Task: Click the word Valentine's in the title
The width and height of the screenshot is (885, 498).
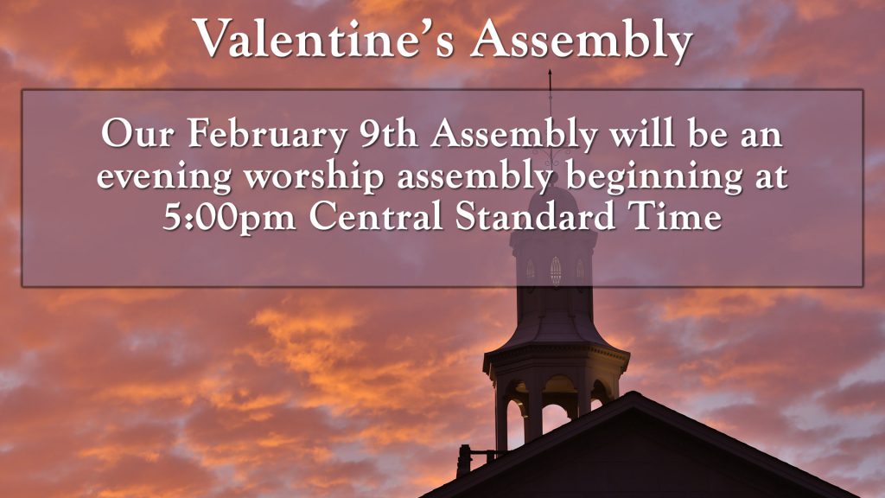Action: point(324,38)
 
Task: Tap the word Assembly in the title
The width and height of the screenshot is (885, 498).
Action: point(582,41)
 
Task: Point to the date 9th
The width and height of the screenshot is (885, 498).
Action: point(389,133)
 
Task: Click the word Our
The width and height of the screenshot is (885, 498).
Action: point(137,133)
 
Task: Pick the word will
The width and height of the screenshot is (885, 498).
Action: point(642,133)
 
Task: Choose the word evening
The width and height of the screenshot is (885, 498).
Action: point(163,177)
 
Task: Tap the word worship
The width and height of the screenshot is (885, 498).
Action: point(314,177)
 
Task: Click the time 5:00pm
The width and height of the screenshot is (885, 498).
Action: point(229,217)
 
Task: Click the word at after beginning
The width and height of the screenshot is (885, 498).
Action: point(772,177)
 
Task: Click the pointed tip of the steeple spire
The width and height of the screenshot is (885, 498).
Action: point(550,70)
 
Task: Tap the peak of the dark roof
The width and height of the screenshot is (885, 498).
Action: point(633,393)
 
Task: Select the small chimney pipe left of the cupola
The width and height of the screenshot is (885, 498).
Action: point(464,461)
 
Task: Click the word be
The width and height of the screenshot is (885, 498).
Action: point(708,133)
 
